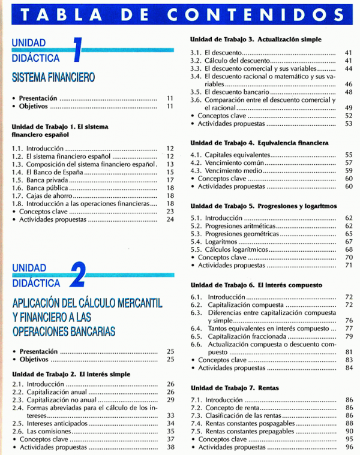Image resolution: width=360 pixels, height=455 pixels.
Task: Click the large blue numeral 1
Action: tap(77, 50)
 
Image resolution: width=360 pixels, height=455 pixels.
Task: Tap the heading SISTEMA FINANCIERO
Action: tap(53, 77)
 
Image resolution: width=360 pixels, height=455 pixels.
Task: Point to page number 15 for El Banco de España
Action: tap(170, 172)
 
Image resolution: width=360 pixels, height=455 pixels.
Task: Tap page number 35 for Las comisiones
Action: tap(170, 431)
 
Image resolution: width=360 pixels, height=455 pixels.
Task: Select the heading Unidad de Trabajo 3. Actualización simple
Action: tap(255, 39)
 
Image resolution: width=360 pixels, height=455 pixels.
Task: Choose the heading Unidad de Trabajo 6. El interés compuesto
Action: tap(256, 285)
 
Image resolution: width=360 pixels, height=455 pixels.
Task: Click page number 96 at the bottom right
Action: tap(349, 447)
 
